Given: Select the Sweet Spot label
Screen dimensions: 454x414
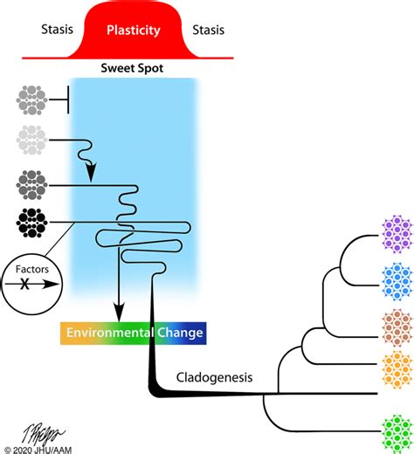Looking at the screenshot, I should tap(133, 67).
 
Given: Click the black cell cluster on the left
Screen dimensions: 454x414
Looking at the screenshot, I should tap(31, 223).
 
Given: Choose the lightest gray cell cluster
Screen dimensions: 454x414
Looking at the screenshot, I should tap(31, 141).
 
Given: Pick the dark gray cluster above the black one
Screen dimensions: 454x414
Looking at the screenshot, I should tap(31, 185).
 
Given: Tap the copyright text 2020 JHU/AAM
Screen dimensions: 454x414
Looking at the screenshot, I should tap(39, 447).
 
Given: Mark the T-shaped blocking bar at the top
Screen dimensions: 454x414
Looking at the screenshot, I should tap(67, 101).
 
